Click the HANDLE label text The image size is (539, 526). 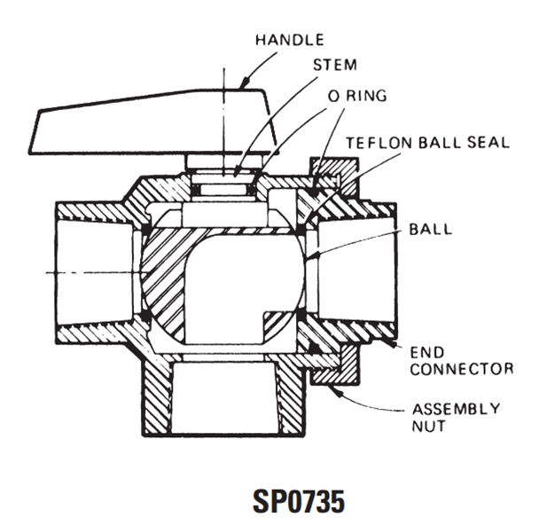click(x=289, y=40)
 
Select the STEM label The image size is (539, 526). click(x=335, y=65)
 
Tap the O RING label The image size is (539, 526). click(x=357, y=96)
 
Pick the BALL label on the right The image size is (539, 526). click(x=430, y=230)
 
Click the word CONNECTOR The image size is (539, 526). click(x=462, y=369)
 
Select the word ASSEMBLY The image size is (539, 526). click(x=456, y=409)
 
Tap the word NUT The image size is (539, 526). click(x=428, y=427)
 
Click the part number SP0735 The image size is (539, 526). click(x=299, y=501)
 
